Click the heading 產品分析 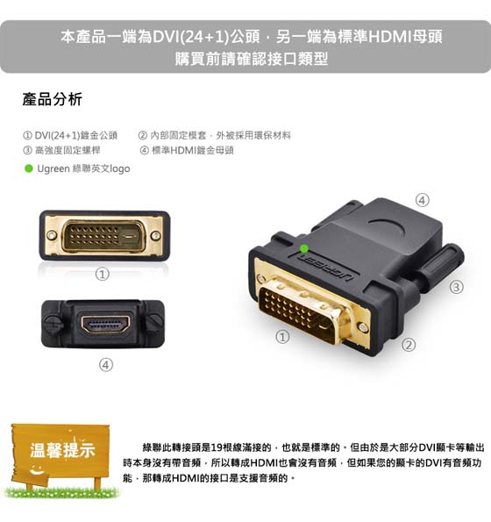click(x=53, y=99)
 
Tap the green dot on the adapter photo click(x=303, y=248)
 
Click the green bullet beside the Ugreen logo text click(x=29, y=168)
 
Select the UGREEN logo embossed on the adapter click(x=325, y=268)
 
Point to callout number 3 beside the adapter click(x=457, y=287)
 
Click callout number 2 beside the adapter click(x=409, y=345)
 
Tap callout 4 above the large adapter click(x=422, y=200)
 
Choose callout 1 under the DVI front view click(x=102, y=275)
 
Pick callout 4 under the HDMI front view click(x=106, y=365)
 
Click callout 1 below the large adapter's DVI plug click(x=282, y=337)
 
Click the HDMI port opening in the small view click(x=105, y=325)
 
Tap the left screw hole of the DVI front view click(x=52, y=235)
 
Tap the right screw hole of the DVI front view click(x=156, y=236)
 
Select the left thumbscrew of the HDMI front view click(x=53, y=323)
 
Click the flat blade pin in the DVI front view click(x=128, y=236)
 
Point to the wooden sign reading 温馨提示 click(x=60, y=452)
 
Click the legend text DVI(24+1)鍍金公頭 click(x=76, y=135)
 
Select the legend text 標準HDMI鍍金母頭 click(x=193, y=151)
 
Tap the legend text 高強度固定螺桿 click(x=68, y=151)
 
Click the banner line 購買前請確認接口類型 click(x=252, y=59)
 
